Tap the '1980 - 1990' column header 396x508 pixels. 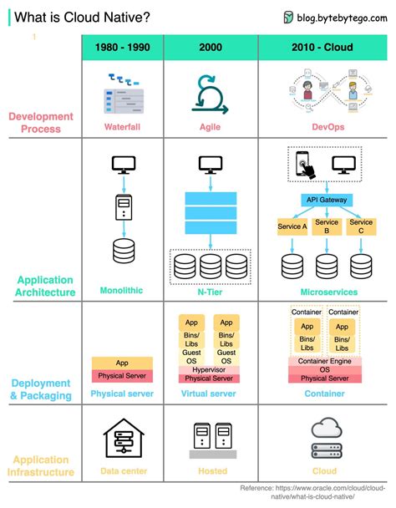pos(123,48)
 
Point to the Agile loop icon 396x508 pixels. pos(210,94)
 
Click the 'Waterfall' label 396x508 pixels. pos(123,127)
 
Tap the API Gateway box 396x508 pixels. pos(326,201)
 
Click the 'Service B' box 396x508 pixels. pos(327,226)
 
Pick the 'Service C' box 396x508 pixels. pos(361,226)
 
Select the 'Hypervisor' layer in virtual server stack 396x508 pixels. pos(210,368)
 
